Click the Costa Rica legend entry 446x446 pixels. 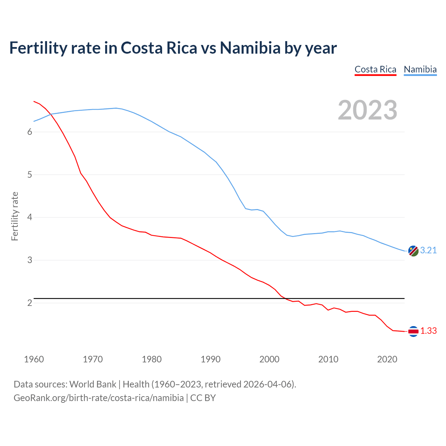coord(375,69)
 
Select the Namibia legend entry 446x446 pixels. coord(420,69)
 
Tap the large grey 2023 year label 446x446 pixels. coord(368,110)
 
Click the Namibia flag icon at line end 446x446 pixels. coord(413,251)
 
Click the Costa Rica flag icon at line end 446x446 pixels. coord(413,331)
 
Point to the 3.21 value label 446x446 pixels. coord(428,250)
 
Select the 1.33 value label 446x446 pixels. coord(428,331)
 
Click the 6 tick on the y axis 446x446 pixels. coord(30,132)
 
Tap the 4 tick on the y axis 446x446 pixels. coord(30,217)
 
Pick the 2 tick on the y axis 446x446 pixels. coord(30,303)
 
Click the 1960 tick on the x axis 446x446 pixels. coord(34,359)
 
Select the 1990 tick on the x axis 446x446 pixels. coord(210,359)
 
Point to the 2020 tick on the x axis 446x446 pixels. coord(387,359)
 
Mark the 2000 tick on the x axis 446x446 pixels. coord(269,359)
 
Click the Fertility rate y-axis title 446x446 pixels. coord(15,216)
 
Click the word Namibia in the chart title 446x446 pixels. coord(250,48)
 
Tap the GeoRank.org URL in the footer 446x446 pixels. coord(99,398)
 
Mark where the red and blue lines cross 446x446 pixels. coord(50,114)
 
